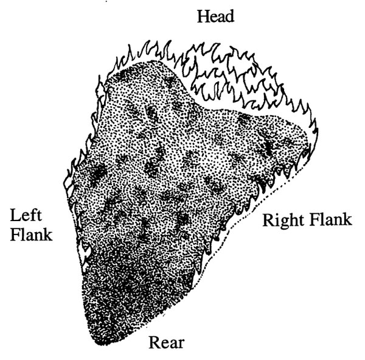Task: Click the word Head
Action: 215,16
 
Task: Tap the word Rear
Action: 167,342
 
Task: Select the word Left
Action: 26,215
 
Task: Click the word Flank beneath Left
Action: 31,235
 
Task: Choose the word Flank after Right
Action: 331,220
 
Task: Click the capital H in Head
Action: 203,16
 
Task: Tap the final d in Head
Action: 229,16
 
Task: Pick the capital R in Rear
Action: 155,342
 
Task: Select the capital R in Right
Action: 269,220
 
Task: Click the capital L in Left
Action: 15,215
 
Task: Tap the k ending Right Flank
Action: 347,220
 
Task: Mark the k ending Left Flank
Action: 47,235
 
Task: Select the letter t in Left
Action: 39,216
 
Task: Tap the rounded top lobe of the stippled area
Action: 149,70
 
